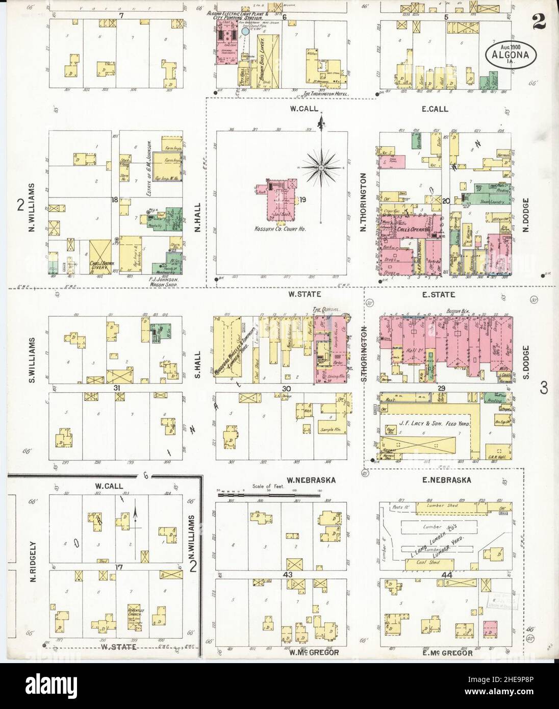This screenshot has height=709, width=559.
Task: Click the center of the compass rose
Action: pyautogui.click(x=321, y=167)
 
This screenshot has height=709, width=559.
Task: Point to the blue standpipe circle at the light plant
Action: pyautogui.click(x=245, y=31)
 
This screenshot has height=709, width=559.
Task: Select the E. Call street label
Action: pyautogui.click(x=436, y=109)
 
